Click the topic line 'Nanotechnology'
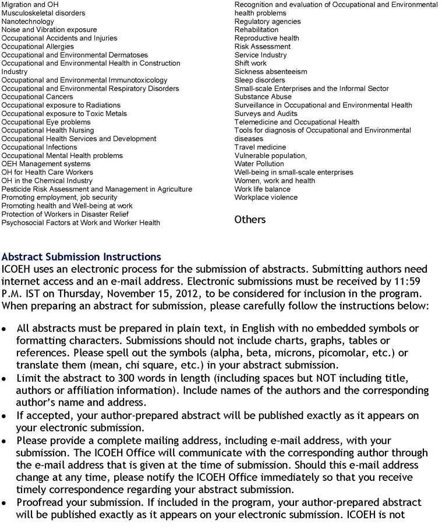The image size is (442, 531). point(28,22)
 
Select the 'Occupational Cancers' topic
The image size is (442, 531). point(37,97)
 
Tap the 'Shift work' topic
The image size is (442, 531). point(250,64)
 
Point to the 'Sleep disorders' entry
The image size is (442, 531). point(260,80)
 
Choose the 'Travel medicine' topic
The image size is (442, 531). point(260,147)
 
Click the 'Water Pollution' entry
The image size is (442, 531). point(259,164)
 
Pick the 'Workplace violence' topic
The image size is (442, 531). point(266,198)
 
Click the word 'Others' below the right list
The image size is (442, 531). point(250,220)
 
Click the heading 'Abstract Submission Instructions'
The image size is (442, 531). point(82,257)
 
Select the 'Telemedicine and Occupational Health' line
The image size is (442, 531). point(297,122)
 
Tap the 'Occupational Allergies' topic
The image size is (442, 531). point(38,47)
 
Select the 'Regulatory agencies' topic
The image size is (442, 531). point(268,22)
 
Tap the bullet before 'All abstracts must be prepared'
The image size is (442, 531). point(5,329)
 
